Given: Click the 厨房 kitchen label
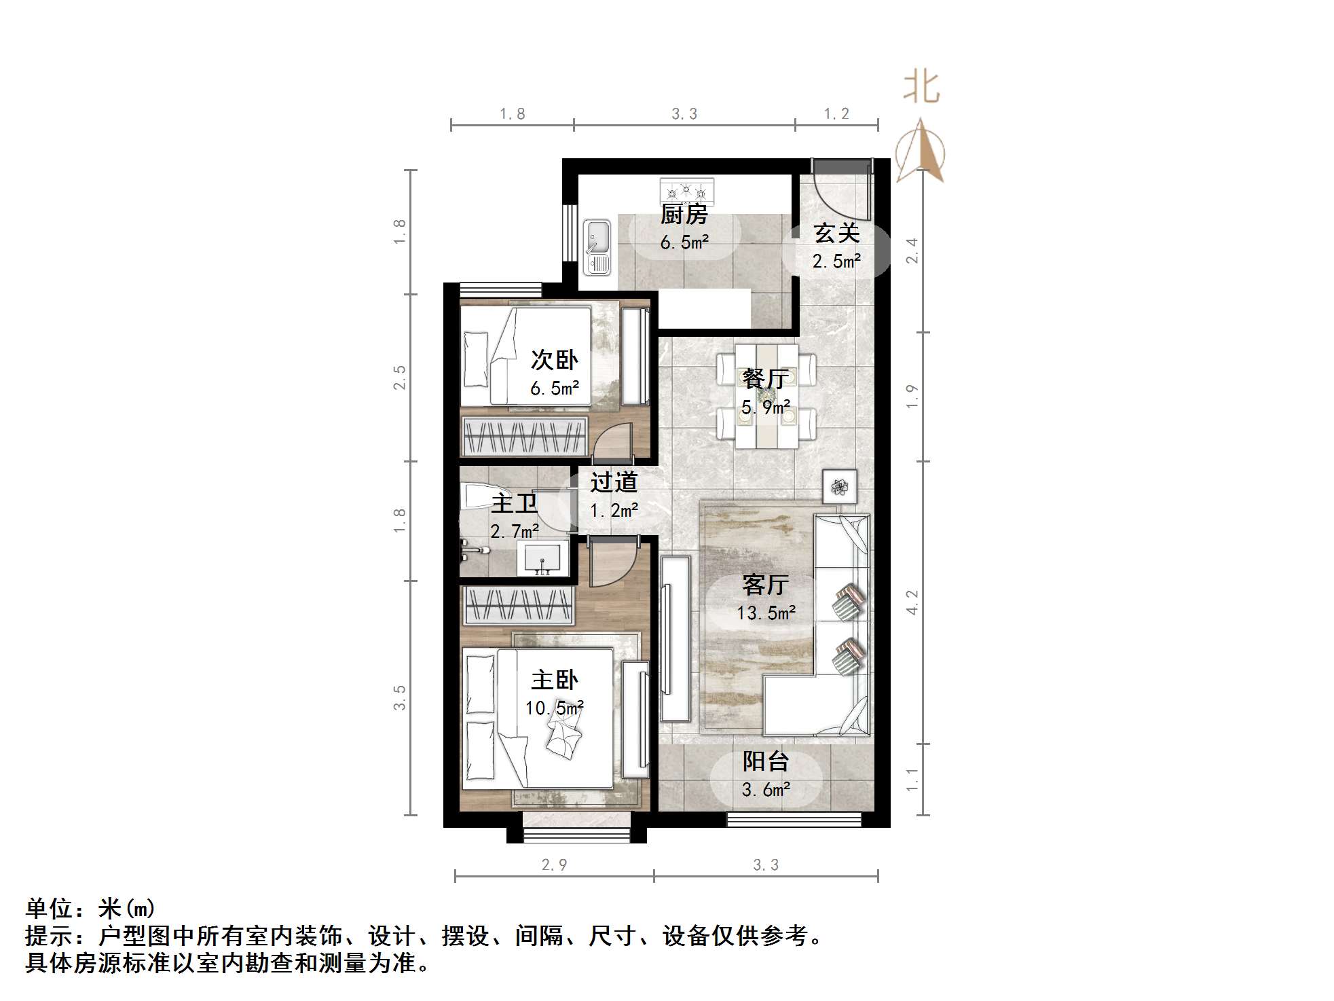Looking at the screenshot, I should pyautogui.click(x=684, y=215).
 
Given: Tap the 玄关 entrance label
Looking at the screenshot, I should pyautogui.click(x=836, y=234).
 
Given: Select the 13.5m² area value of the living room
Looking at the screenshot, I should pyautogui.click(x=766, y=613).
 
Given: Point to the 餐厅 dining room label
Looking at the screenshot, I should pyautogui.click(x=765, y=379).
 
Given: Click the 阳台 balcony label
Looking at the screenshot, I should pyautogui.click(x=765, y=761).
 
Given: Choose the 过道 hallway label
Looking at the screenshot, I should pyautogui.click(x=614, y=482).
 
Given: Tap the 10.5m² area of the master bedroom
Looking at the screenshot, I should pyautogui.click(x=554, y=708).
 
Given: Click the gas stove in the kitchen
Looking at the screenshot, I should pyautogui.click(x=686, y=188).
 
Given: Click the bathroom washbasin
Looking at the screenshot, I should pyautogui.click(x=543, y=558).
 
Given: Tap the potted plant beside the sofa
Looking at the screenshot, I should pyautogui.click(x=840, y=486).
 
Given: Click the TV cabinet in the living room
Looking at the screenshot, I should pyautogui.click(x=675, y=638).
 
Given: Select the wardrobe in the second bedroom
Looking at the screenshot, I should pyautogui.click(x=524, y=435).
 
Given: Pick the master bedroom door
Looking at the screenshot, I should pyautogui.click(x=612, y=561).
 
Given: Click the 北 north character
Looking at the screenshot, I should pyautogui.click(x=921, y=88).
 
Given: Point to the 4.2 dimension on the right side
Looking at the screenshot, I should pyautogui.click(x=912, y=602).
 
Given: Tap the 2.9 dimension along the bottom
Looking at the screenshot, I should pyautogui.click(x=554, y=864).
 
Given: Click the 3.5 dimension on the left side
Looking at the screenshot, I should pyautogui.click(x=399, y=697).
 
